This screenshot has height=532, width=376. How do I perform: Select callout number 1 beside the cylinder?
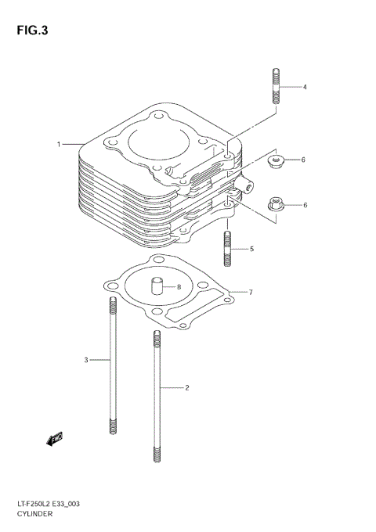click(59, 145)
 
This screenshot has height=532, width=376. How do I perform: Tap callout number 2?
click(187, 387)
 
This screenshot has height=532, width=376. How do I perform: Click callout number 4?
click(305, 86)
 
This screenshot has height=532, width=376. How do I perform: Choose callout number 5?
click(252, 250)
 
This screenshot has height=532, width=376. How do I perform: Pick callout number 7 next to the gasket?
click(250, 293)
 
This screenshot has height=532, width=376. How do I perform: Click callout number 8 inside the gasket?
click(179, 287)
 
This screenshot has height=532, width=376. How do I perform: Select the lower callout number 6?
click(305, 205)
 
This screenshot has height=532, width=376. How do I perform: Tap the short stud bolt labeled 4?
click(276, 86)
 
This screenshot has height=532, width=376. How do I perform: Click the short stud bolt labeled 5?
click(227, 249)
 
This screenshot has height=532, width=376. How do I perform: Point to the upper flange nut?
click(276, 162)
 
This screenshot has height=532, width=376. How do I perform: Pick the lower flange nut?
click(276, 207)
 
